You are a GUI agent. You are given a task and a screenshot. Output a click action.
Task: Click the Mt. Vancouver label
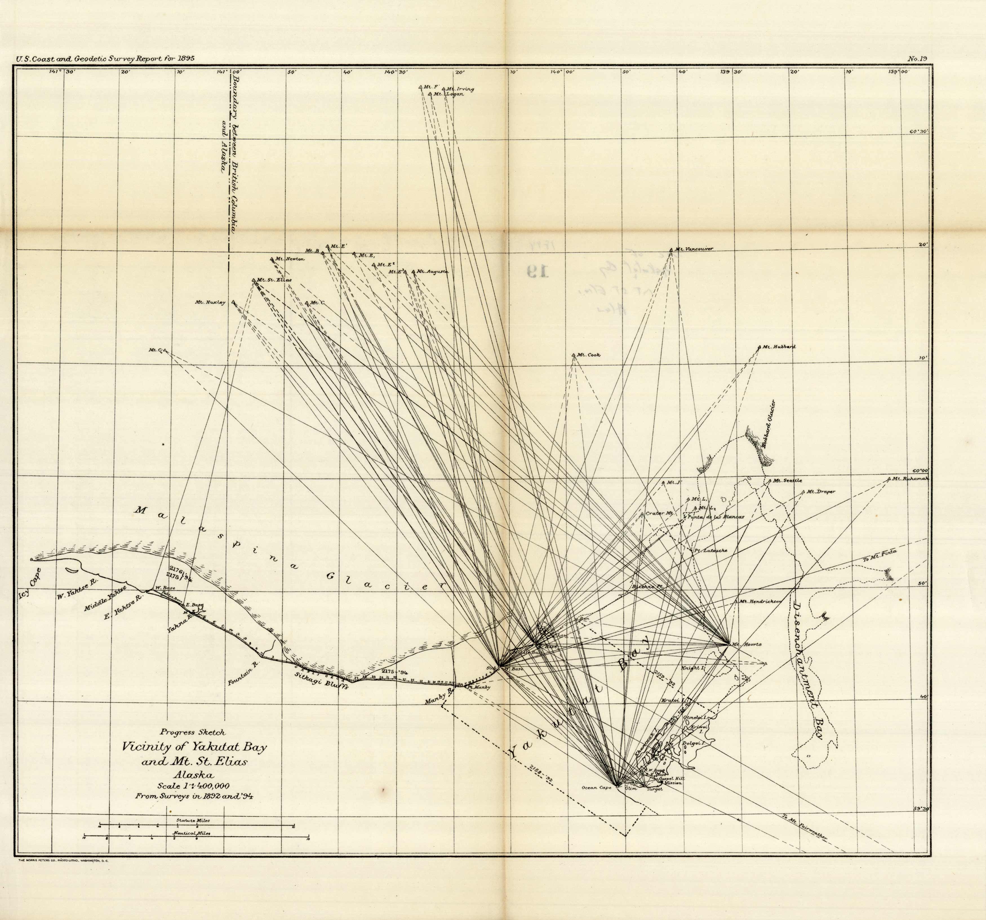pos(693,249)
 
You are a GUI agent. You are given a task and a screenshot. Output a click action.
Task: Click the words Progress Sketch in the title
pos(192,732)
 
